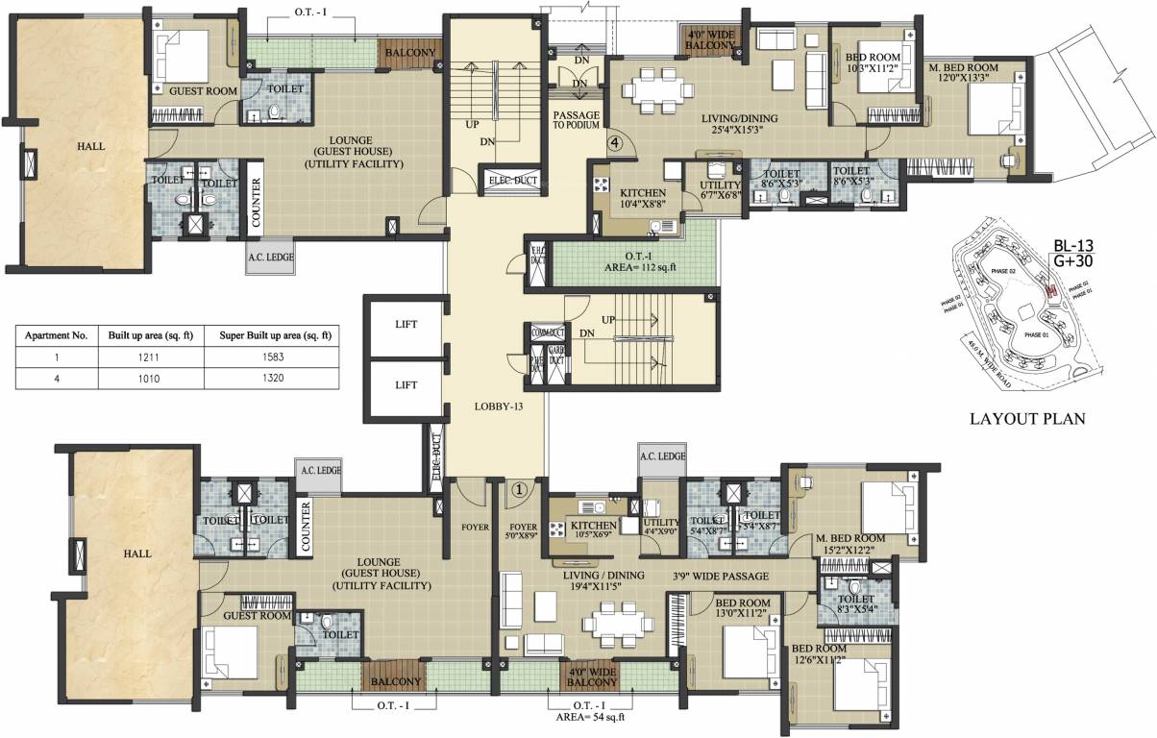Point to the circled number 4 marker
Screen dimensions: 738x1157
(615, 143)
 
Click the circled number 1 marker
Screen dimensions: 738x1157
(519, 488)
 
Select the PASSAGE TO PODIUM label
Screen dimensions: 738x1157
(576, 121)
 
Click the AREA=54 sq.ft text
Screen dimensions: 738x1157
(590, 716)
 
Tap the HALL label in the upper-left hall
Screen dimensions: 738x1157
(92, 147)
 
